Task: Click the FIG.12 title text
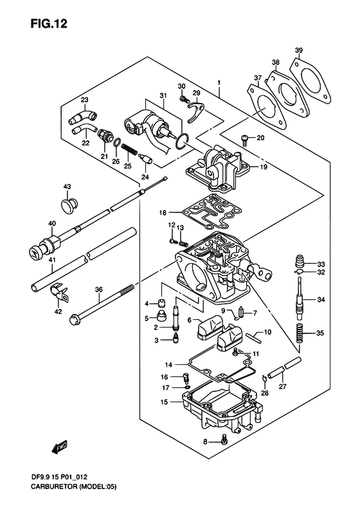tap(49, 24)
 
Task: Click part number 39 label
tap(299, 50)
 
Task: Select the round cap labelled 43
tap(69, 205)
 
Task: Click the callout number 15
tap(165, 402)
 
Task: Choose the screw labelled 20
tap(245, 139)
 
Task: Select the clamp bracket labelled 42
tap(59, 293)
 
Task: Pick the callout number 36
tap(98, 290)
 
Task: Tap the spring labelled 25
tap(130, 151)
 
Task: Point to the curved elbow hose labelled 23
tap(82, 118)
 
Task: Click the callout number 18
tap(163, 213)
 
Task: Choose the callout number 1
tap(219, 83)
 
